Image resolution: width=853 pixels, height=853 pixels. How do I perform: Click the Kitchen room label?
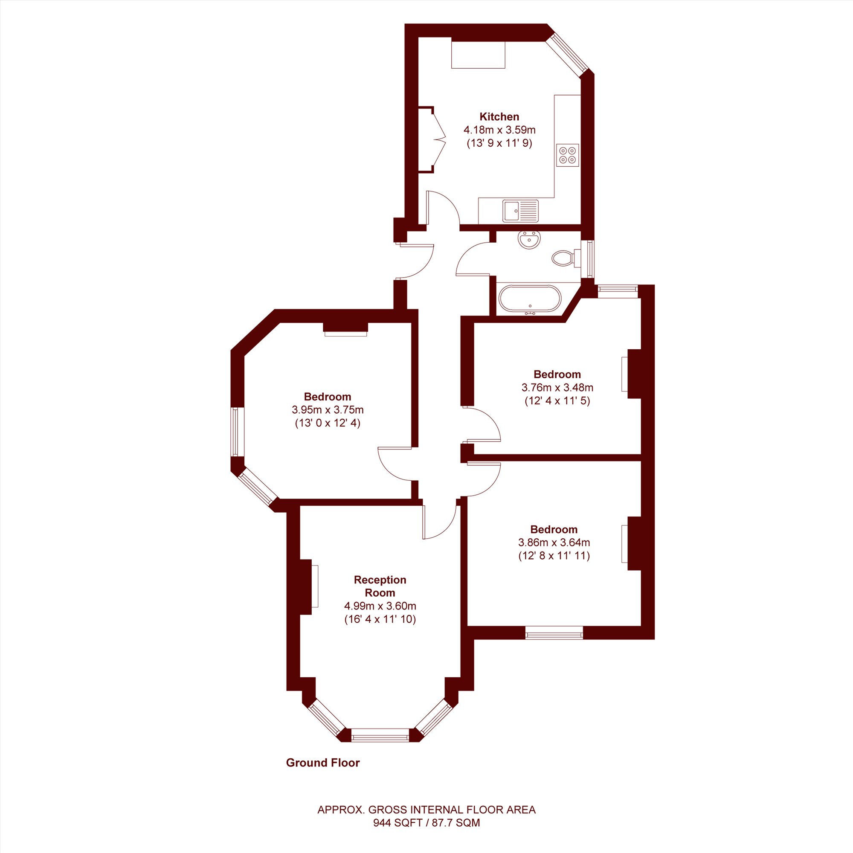point(499,116)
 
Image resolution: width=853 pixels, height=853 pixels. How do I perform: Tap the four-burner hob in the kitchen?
point(568,155)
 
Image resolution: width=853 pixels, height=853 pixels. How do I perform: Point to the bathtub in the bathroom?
point(530,299)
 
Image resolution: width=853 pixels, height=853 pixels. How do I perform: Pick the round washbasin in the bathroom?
point(529,240)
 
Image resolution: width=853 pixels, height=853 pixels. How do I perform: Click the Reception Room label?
point(380,586)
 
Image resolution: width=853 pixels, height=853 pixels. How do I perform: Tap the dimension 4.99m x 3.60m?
point(380,606)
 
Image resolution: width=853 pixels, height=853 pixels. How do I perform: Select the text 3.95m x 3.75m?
point(328,409)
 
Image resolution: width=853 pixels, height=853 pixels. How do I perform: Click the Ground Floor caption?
point(323,763)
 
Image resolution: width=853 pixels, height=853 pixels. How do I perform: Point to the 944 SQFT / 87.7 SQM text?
point(426,823)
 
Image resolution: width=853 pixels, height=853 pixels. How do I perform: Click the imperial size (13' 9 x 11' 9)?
point(499,143)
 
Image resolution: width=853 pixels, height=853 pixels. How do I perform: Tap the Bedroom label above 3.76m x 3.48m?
point(557,374)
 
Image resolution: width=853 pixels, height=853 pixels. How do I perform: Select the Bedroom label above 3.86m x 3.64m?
point(554,529)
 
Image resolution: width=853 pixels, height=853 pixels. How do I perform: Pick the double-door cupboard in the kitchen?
point(432,139)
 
